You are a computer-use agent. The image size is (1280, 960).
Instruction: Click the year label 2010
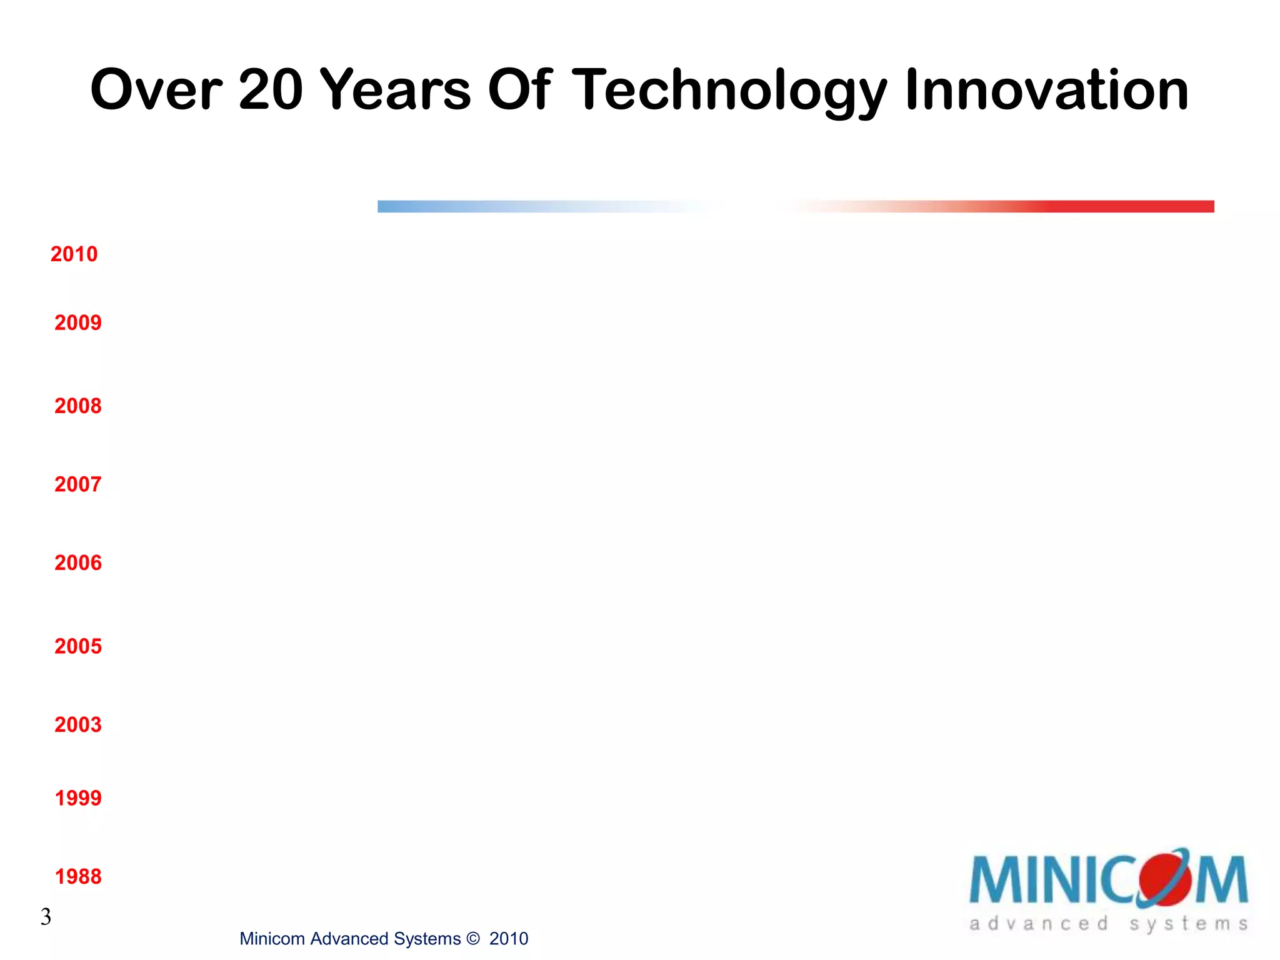74,254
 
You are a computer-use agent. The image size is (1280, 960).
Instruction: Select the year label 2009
77,323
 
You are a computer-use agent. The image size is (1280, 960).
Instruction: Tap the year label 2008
77,406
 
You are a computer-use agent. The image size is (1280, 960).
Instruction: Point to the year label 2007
77,484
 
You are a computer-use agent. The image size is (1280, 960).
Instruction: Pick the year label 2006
77,563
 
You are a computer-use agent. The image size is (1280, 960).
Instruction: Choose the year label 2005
77,646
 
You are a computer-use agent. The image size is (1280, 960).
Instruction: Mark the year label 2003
77,725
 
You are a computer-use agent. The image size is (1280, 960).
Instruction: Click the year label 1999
77,798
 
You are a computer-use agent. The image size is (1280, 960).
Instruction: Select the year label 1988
77,877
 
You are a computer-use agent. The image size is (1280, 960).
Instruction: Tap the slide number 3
46,917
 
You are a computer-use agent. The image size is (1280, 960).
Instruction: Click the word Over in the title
156,91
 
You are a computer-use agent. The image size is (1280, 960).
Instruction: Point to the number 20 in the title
271,91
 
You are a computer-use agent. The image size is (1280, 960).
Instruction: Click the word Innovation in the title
1047,91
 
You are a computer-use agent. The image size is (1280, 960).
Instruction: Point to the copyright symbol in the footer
473,939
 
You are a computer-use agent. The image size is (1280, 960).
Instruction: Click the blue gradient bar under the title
500,206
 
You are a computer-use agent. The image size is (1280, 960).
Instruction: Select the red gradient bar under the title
1062,206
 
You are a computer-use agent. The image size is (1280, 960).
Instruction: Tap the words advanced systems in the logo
1108,924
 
